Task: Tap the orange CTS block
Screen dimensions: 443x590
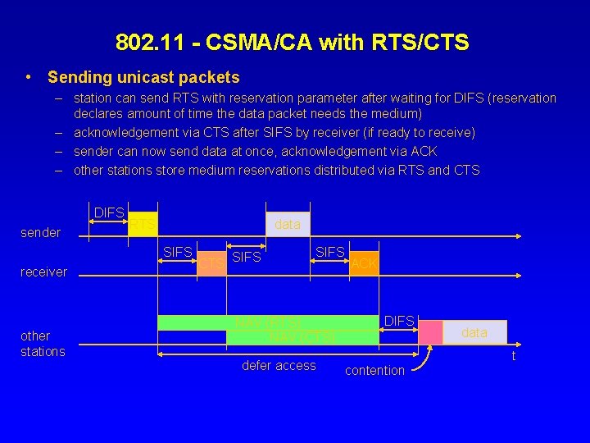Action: coord(211,263)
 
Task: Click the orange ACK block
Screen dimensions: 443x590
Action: coord(363,263)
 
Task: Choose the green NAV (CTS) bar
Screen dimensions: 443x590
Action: coord(302,336)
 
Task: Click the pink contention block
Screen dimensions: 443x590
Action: coord(430,331)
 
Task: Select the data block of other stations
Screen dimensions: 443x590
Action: coord(474,331)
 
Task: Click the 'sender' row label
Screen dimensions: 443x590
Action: coord(40,233)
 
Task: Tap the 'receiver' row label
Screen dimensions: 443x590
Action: coord(43,272)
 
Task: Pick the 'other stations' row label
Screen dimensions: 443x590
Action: coord(43,344)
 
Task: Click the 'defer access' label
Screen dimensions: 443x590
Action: coord(279,366)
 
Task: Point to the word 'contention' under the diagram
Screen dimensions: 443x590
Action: coord(374,371)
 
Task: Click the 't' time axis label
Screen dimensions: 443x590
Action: coord(514,356)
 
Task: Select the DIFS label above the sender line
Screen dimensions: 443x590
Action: coord(109,213)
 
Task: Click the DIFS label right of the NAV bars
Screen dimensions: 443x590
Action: coord(399,321)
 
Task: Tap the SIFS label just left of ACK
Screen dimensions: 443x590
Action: coord(330,252)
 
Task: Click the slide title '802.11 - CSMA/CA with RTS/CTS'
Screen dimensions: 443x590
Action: coord(293,42)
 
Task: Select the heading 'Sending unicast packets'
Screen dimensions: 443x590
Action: coord(143,78)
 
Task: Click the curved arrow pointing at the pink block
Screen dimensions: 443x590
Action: coord(423,360)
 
